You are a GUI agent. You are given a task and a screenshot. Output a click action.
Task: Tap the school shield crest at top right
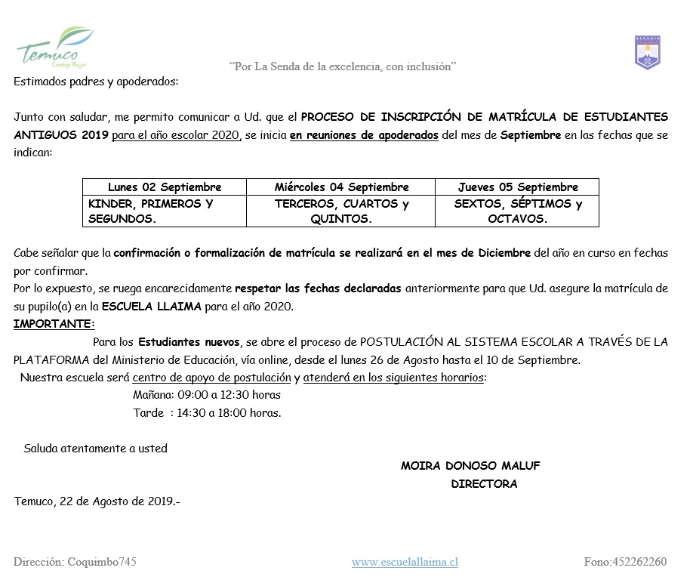pos(647,52)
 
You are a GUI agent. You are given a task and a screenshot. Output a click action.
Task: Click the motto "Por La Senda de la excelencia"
pos(342,67)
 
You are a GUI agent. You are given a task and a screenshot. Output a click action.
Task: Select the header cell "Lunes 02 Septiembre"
pos(165,187)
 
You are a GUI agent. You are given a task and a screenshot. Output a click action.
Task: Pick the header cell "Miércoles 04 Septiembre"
pos(341,187)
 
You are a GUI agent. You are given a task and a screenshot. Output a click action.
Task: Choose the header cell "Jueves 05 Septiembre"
pos(517,187)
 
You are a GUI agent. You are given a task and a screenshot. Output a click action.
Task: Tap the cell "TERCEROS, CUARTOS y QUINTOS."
pos(341,211)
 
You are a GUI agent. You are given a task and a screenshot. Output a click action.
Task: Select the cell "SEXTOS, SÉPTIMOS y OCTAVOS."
pos(517,211)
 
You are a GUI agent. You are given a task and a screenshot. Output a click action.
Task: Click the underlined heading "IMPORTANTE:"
pos(54,324)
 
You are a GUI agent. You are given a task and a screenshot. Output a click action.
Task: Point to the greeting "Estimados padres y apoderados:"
pos(96,82)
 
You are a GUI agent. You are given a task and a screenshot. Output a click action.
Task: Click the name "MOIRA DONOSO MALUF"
pos(470,466)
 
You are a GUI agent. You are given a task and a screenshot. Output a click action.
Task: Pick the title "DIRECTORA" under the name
pos(484,484)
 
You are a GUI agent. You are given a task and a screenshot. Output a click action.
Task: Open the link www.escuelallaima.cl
pos(405,562)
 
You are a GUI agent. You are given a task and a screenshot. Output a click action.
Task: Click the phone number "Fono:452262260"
pos(625,562)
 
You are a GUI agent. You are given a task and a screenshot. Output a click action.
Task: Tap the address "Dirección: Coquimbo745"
pos(75,562)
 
